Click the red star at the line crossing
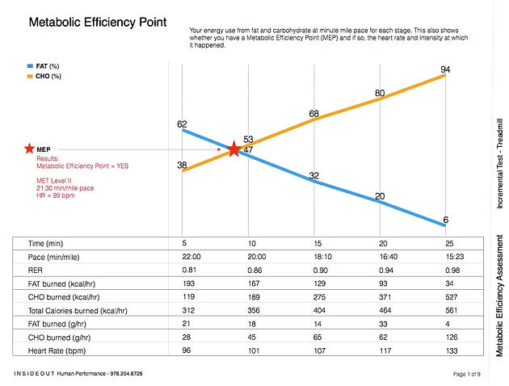pyautogui.click(x=233, y=149)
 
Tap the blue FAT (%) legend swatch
pyautogui.click(x=30, y=66)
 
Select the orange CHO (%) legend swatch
pyautogui.click(x=30, y=76)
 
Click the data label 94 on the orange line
pyautogui.click(x=445, y=69)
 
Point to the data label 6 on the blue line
pyautogui.click(x=446, y=220)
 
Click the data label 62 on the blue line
pyautogui.click(x=182, y=124)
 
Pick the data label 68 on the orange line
pyautogui.click(x=314, y=114)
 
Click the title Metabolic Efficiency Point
pyautogui.click(x=98, y=22)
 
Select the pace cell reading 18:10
pyautogui.click(x=322, y=257)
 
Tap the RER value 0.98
pyautogui.click(x=452, y=271)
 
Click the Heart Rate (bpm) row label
pyautogui.click(x=57, y=351)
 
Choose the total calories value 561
pyautogui.click(x=451, y=310)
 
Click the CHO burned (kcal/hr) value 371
pyautogui.click(x=385, y=297)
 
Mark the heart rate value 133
pyautogui.click(x=452, y=351)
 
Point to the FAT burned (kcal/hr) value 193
pyautogui.click(x=188, y=283)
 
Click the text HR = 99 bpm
pyautogui.click(x=56, y=195)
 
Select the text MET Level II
pyautogui.click(x=54, y=181)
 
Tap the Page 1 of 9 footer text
pyautogui.click(x=466, y=374)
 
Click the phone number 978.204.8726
pyautogui.click(x=126, y=373)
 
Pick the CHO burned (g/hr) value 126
pyautogui.click(x=452, y=338)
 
